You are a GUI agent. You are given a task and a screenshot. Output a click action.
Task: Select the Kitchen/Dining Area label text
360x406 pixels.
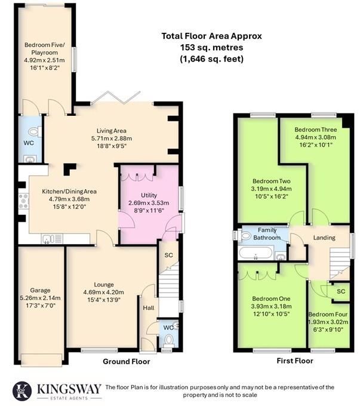69,191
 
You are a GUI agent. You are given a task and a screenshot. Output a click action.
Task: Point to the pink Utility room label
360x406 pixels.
149,195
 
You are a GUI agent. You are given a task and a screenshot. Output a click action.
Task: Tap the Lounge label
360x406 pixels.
103,284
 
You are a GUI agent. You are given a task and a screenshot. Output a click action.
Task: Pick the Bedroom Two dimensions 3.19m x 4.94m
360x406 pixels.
270,189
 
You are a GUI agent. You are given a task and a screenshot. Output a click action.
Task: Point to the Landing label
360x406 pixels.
323,238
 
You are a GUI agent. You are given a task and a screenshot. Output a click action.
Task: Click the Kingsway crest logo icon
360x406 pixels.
23,390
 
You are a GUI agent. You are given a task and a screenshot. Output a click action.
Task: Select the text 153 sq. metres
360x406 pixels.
211,47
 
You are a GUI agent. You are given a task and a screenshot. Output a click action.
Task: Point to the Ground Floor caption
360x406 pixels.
126,361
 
